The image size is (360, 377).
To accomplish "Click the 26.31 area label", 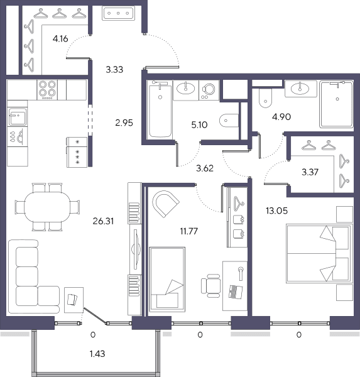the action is tap(103, 221).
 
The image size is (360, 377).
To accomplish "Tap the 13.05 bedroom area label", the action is tap(277, 211).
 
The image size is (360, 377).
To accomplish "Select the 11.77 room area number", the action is tap(189, 231).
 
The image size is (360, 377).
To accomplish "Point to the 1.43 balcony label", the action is tap(97, 354).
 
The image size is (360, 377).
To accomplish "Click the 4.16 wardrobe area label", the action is tap(60, 38).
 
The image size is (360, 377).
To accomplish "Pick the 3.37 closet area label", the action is tap(310, 172).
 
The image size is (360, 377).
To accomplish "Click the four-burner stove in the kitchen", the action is tap(47, 90).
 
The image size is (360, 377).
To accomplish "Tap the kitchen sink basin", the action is tap(18, 117).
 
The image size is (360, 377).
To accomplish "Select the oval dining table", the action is tap(47, 207).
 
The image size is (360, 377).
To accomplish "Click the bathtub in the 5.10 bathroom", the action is tap(160, 109).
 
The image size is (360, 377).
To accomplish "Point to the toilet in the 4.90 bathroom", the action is tap(266, 98).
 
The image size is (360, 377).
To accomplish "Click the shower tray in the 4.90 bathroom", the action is tap(336, 104).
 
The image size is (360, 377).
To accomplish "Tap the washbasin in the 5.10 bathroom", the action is tap(185, 89).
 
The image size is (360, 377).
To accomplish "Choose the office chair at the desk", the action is tap(211, 286).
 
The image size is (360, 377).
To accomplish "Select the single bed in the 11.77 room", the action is tap(167, 280).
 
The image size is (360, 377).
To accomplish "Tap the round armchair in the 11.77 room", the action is tap(166, 204).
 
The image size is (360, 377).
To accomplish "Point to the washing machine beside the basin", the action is tap(209, 90).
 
